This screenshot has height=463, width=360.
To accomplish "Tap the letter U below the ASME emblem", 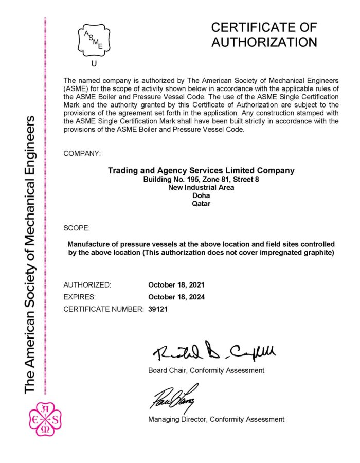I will pyautogui.click(x=94, y=64).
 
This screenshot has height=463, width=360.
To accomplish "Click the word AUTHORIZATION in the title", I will pyautogui.click(x=264, y=42).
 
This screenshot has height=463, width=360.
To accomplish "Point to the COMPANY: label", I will pyautogui.click(x=82, y=153).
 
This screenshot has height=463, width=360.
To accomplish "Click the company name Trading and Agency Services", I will pyautogui.click(x=201, y=170).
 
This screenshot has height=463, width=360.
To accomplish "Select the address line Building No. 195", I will pyautogui.click(x=201, y=180).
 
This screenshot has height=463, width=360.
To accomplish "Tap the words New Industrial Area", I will pyautogui.click(x=201, y=187).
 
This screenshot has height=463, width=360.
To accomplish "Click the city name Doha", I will pyautogui.click(x=201, y=195).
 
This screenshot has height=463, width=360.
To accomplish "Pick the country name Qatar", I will pyautogui.click(x=201, y=204).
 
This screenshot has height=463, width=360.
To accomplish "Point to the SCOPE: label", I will pyautogui.click(x=77, y=227).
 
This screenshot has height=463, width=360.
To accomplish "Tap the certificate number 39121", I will pyautogui.click(x=158, y=309).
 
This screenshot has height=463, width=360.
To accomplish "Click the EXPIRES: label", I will pyautogui.click(x=80, y=297).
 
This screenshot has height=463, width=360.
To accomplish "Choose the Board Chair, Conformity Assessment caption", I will pyautogui.click(x=206, y=370).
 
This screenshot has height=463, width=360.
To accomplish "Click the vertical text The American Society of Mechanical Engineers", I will pyautogui.click(x=30, y=255).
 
